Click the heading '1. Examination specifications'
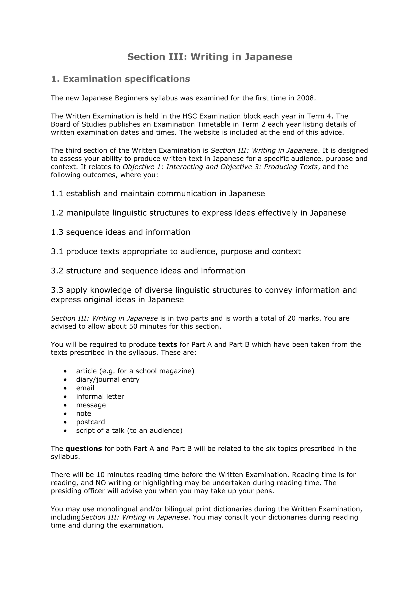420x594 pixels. (121, 79)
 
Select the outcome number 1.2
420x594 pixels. (57, 213)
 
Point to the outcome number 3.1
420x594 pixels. (57, 251)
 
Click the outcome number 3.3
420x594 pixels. (57, 290)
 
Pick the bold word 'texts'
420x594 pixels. (168, 345)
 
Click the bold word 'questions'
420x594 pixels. (84, 449)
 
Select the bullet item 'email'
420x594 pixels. (85, 388)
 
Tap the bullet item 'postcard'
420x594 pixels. (90, 422)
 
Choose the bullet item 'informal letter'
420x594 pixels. (100, 397)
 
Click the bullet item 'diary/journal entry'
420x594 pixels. (108, 379)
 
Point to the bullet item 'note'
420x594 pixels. (83, 414)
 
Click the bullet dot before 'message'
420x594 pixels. (65, 405)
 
